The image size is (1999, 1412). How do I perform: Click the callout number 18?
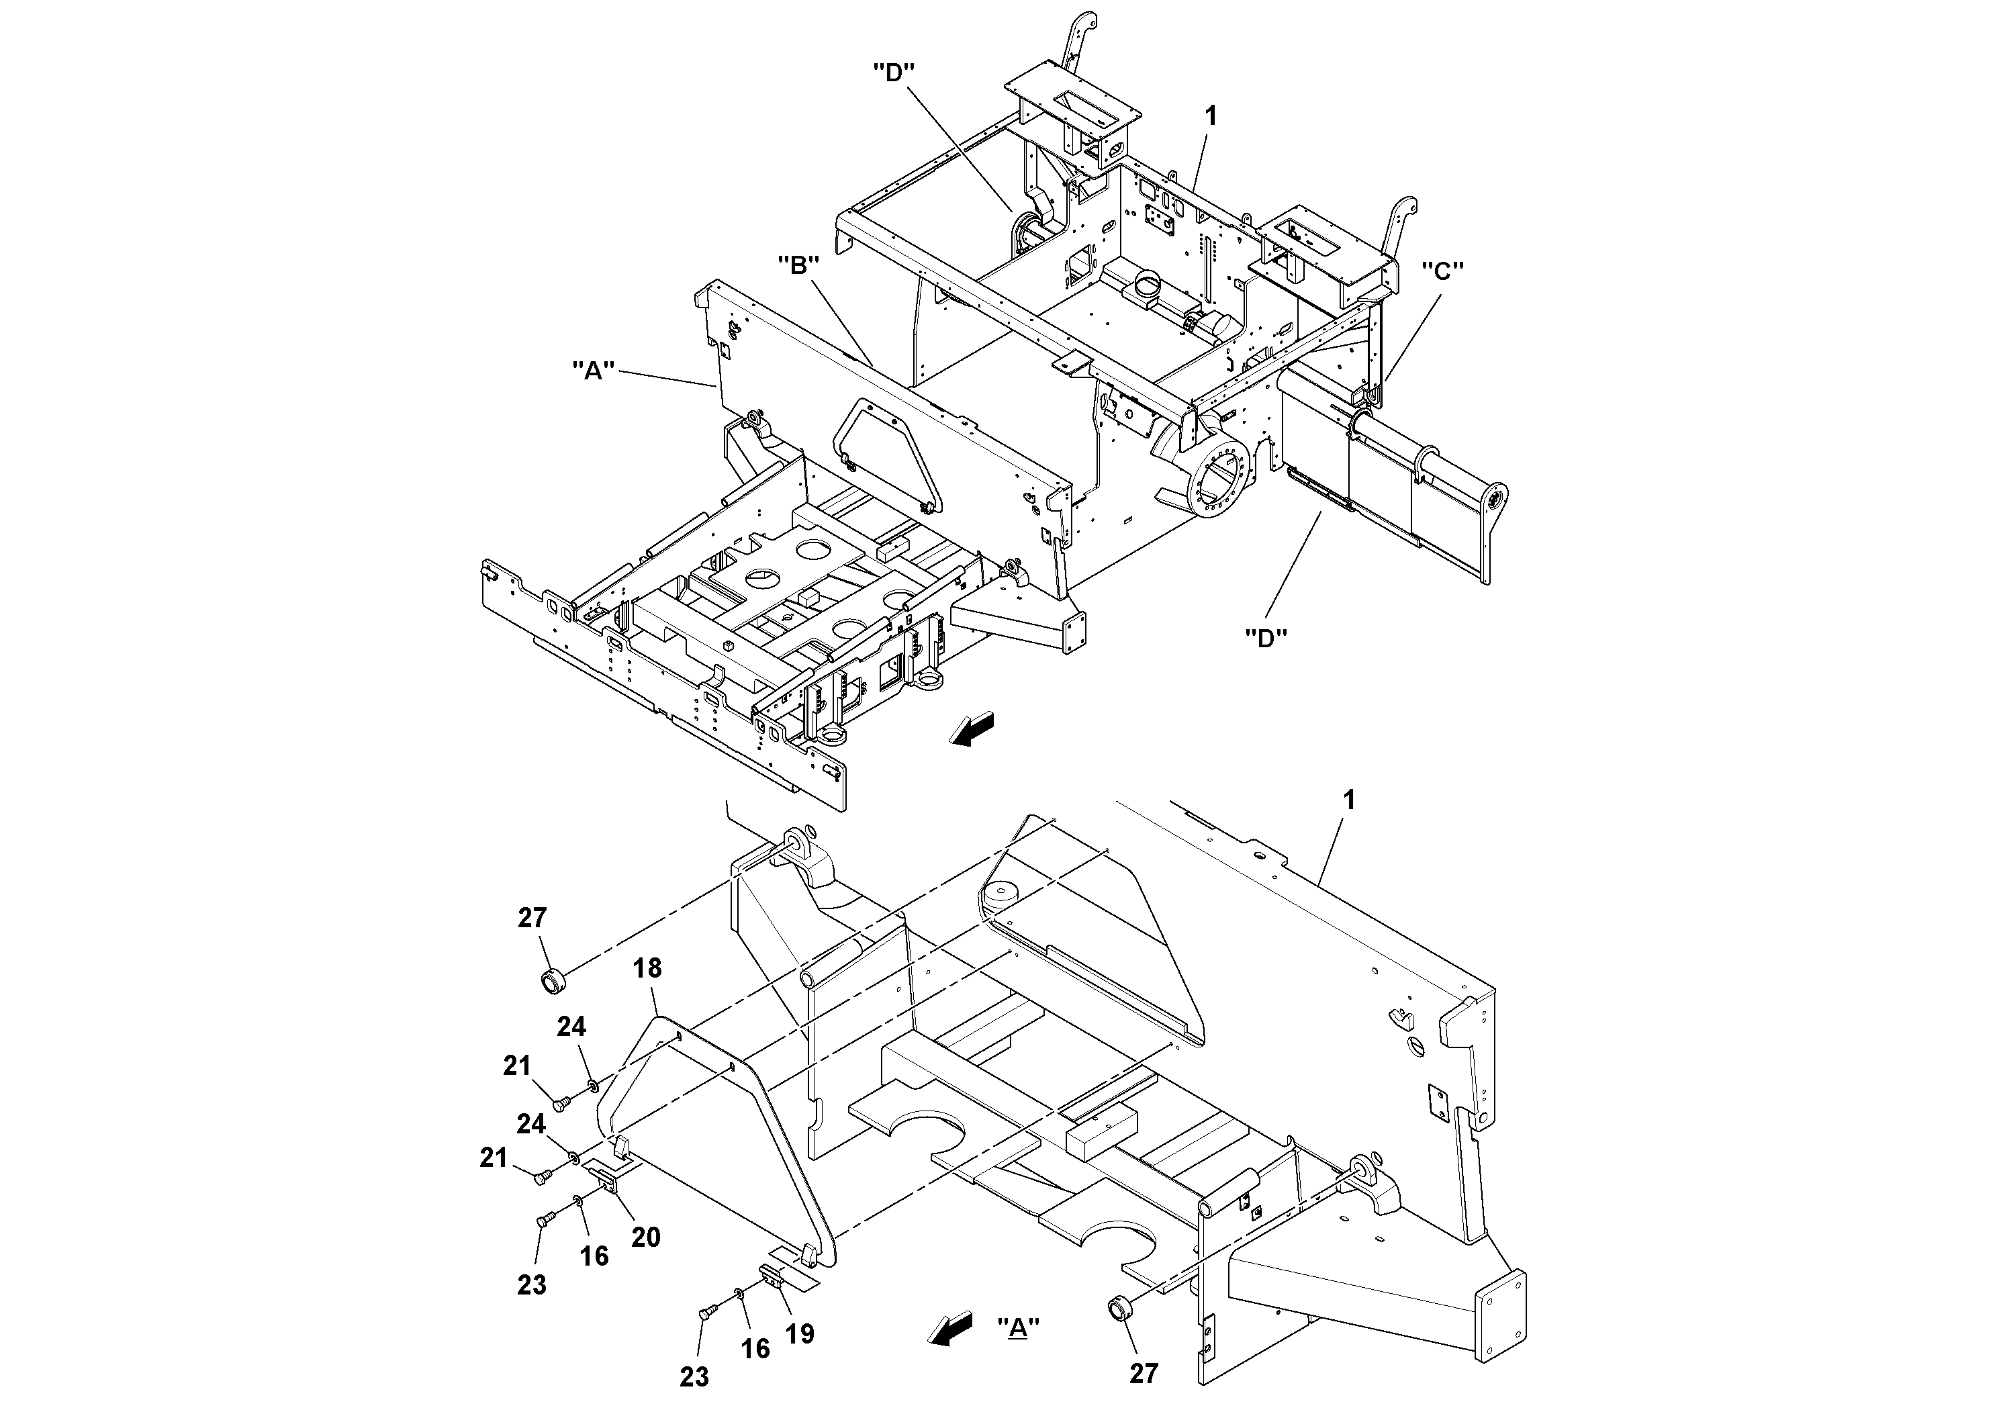tap(648, 968)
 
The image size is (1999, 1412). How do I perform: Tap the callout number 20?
tap(646, 1237)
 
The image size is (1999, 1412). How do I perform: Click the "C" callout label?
tap(1442, 272)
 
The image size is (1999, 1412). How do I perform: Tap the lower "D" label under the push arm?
tap(1266, 638)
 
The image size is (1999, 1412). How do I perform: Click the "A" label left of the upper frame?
tap(593, 370)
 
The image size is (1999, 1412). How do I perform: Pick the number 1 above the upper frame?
tap(1211, 115)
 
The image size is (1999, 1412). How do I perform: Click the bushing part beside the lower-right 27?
tap(1118, 1309)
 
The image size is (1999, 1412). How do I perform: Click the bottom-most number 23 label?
tap(694, 1376)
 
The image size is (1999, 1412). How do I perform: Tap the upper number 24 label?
tap(571, 1027)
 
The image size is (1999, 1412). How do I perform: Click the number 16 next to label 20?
tap(595, 1256)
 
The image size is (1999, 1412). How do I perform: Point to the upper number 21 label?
tap(517, 1066)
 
